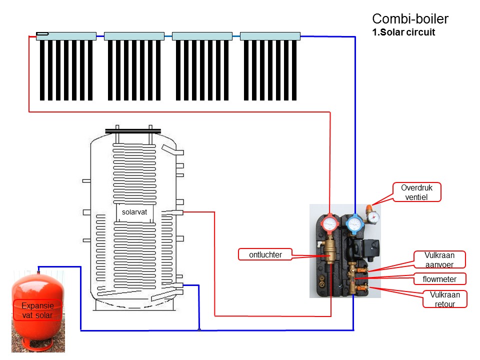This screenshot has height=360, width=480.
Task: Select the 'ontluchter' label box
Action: (265, 254)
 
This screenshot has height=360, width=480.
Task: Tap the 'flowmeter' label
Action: (439, 278)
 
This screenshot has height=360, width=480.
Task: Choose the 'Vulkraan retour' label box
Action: (444, 299)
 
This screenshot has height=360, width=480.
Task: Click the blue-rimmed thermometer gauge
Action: (354, 223)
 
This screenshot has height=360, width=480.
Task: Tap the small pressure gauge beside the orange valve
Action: (374, 216)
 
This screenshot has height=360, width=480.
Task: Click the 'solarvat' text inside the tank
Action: (135, 211)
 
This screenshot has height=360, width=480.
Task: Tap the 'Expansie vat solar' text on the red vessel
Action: (37, 310)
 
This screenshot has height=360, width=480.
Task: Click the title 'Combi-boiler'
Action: (410, 19)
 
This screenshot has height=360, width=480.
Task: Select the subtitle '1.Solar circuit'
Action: (403, 33)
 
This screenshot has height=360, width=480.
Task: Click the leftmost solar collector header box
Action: (66, 36)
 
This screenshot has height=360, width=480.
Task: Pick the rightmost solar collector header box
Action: (270, 36)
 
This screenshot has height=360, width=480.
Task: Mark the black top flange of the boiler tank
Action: (133, 131)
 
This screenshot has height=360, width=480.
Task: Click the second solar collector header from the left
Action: (134, 36)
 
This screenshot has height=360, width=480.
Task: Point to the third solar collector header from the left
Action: (202, 36)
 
